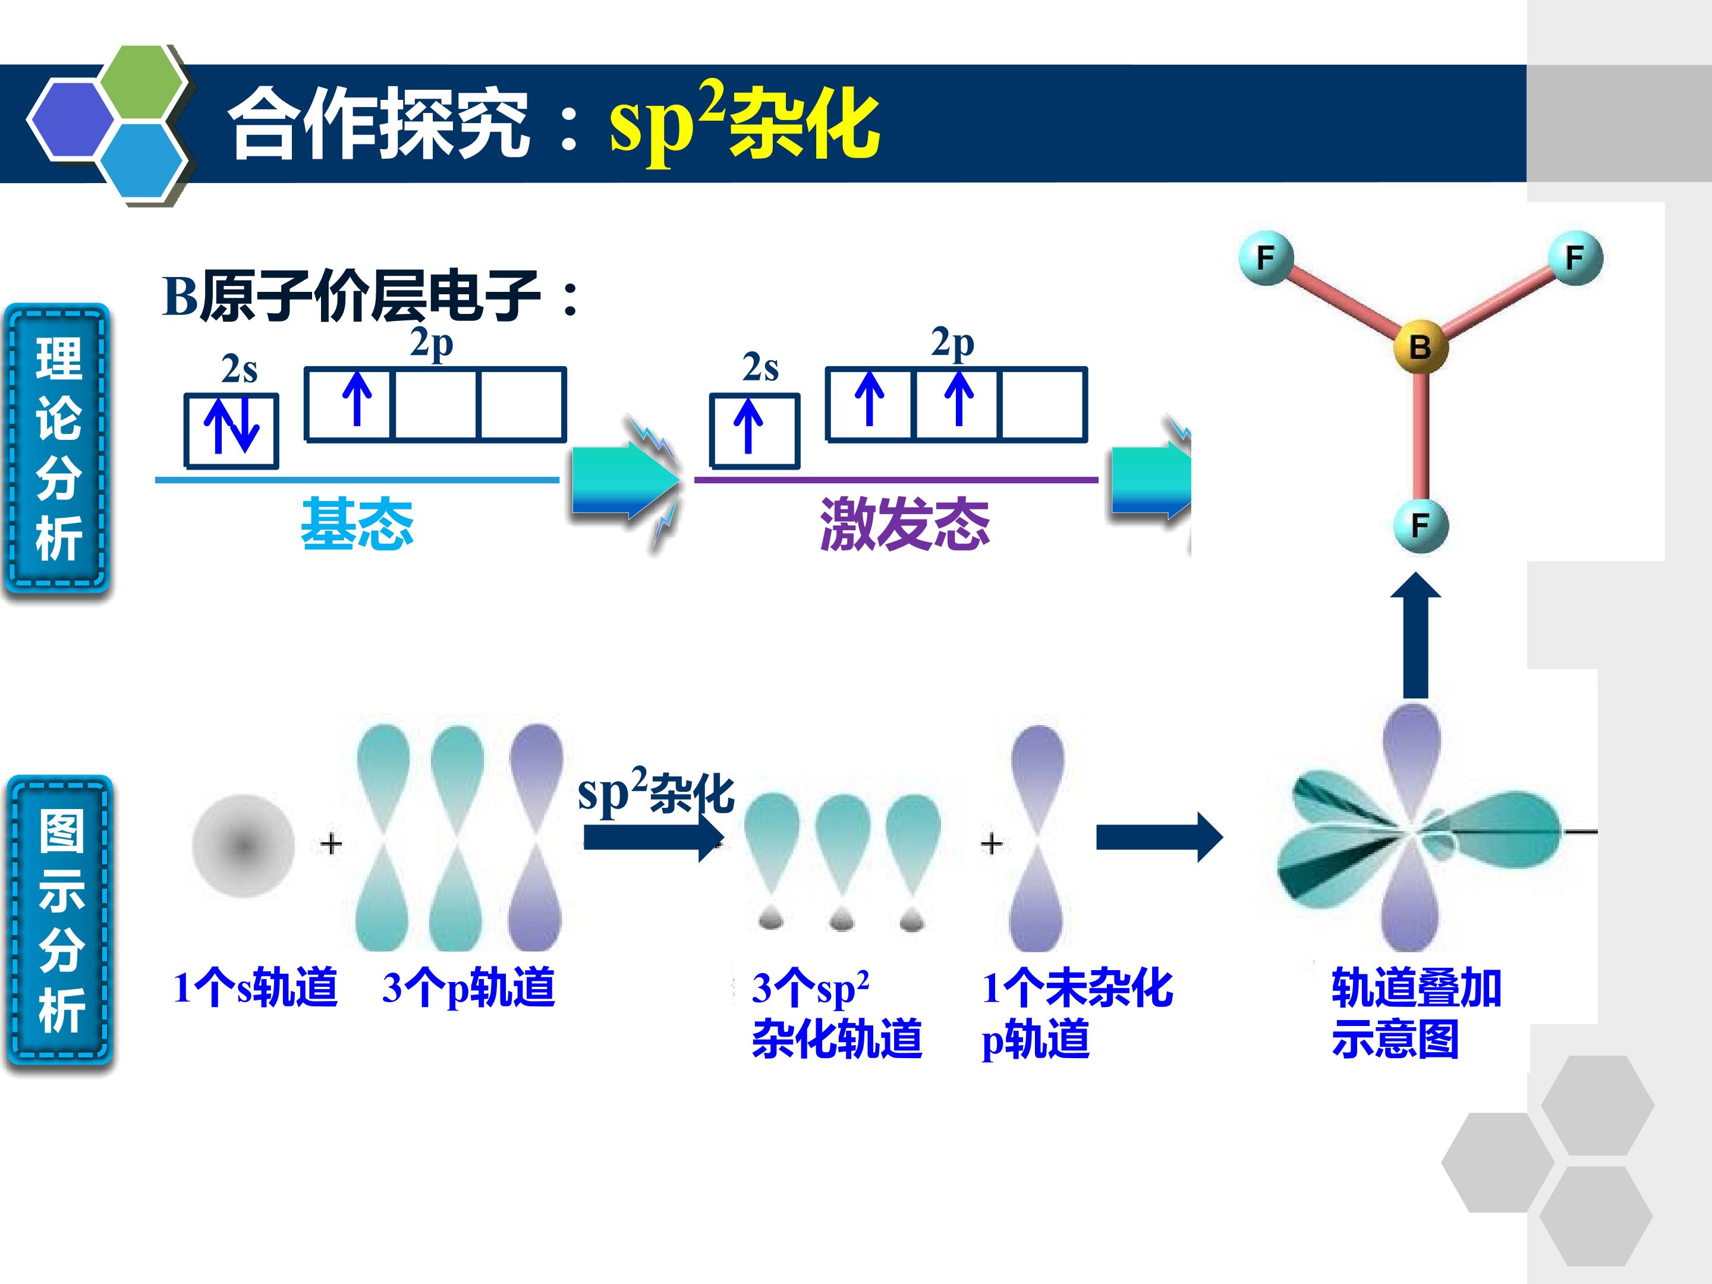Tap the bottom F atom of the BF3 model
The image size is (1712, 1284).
click(1420, 525)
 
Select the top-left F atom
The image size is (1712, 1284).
click(1266, 258)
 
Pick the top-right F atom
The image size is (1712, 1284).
click(1575, 258)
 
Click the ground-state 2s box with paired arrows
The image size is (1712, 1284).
click(231, 431)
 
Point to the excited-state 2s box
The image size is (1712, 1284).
click(754, 431)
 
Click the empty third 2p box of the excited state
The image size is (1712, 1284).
click(1044, 405)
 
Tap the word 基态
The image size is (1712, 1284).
click(357, 524)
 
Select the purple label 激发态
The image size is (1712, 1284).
click(905, 524)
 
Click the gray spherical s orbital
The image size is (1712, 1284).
click(244, 846)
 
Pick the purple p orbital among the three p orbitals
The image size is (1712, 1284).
click(536, 838)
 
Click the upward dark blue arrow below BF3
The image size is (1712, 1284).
click(1415, 635)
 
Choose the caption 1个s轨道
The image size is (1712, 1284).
click(256, 987)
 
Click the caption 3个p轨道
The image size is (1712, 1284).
click(468, 987)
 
